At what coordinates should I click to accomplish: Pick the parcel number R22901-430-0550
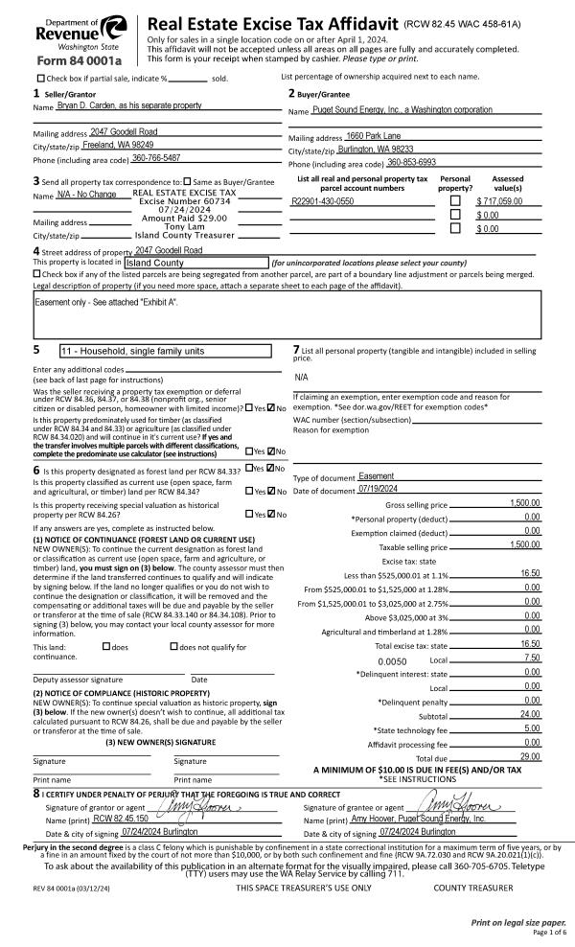322,202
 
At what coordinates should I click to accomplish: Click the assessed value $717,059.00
507,202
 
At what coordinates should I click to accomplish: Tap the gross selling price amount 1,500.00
524,503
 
